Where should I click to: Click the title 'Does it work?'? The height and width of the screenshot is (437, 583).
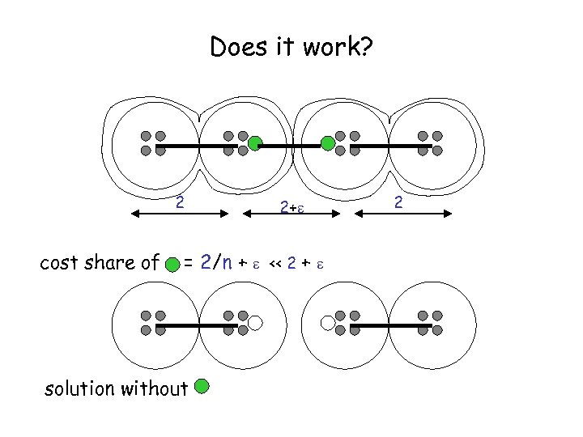click(x=291, y=48)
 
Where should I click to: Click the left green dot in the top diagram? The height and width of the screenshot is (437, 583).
click(x=254, y=144)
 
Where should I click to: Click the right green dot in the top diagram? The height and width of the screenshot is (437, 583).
click(x=328, y=144)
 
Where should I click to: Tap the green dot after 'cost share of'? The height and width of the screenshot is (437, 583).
click(x=172, y=263)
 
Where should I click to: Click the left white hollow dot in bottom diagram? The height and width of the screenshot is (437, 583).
click(x=255, y=323)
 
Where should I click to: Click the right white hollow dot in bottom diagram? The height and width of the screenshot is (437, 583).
click(x=328, y=323)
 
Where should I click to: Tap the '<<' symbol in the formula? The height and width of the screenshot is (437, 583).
click(x=274, y=262)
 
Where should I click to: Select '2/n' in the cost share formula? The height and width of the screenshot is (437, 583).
click(x=218, y=261)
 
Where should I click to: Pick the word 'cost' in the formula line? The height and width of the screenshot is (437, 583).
click(x=59, y=262)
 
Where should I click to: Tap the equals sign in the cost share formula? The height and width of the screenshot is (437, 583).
click(x=188, y=262)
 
